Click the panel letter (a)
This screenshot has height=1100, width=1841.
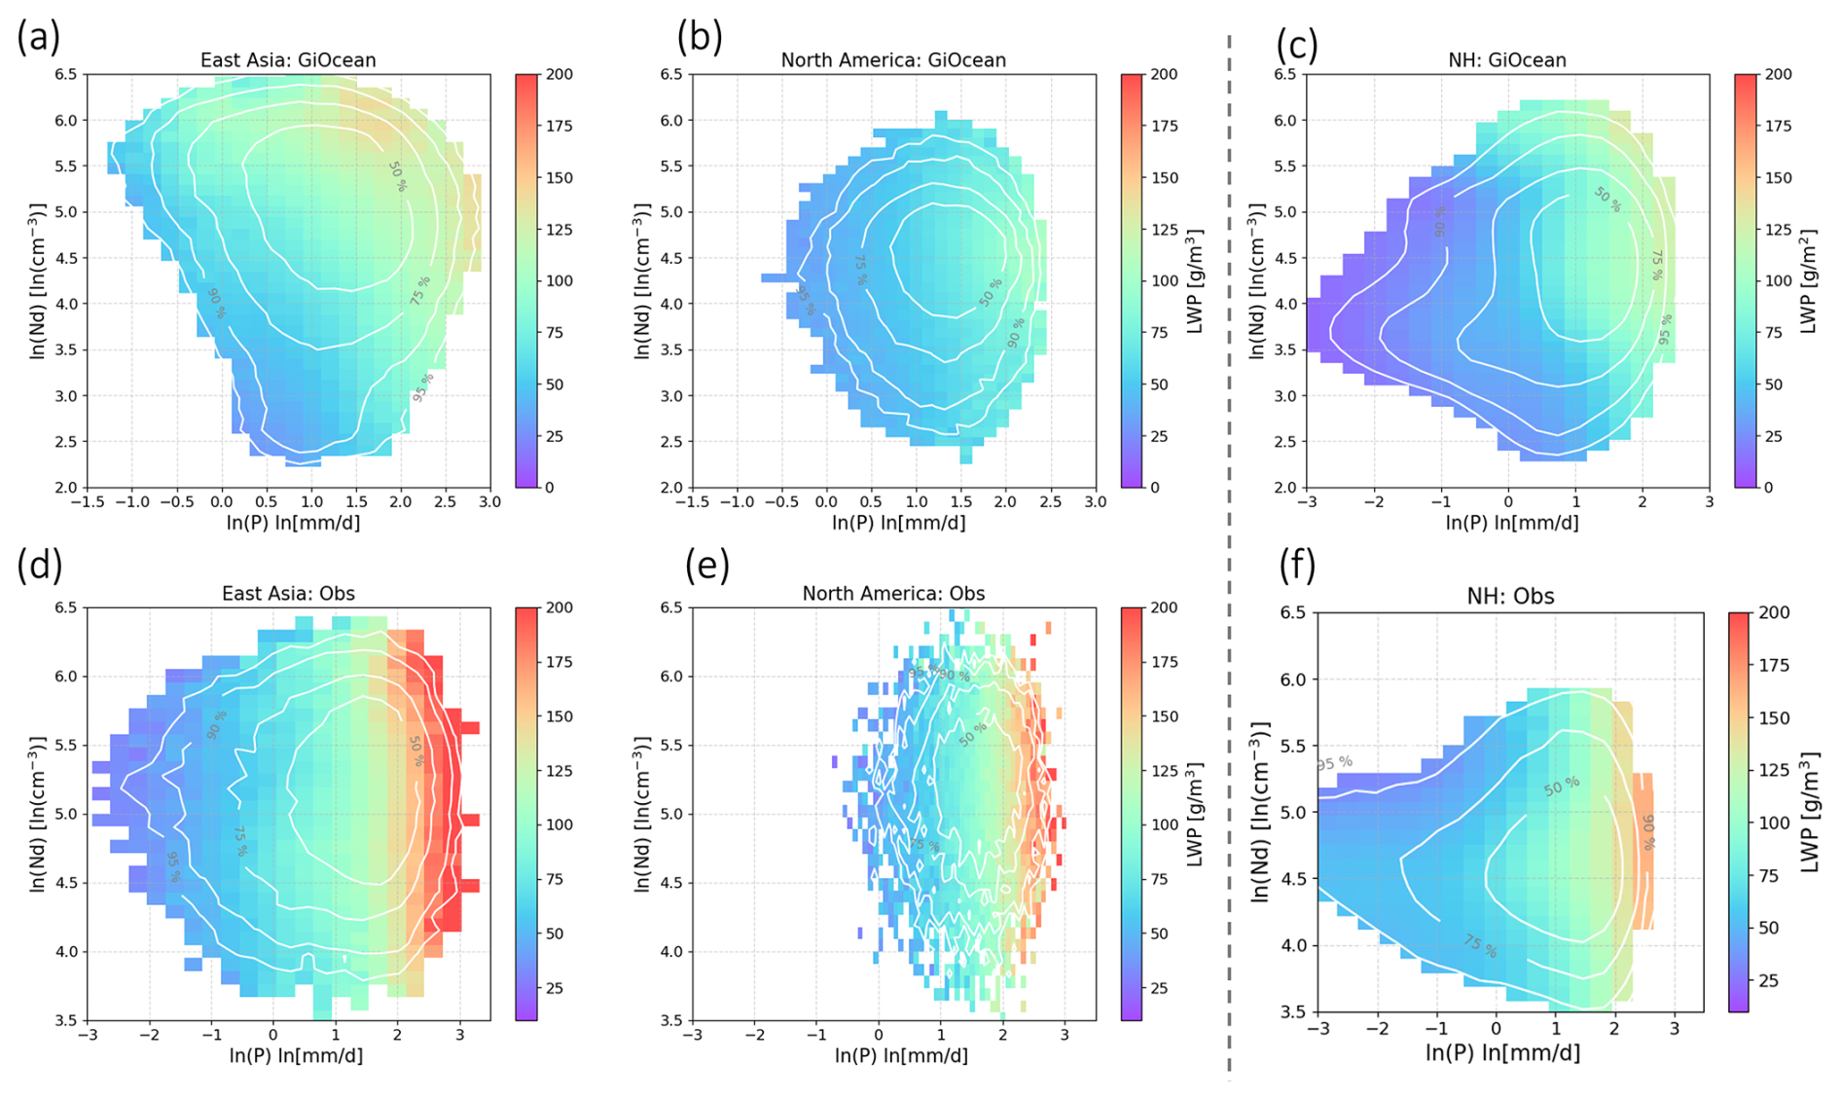click(x=39, y=38)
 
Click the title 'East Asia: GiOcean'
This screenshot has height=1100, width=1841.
click(x=288, y=60)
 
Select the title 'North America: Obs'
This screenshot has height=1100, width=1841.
click(x=893, y=594)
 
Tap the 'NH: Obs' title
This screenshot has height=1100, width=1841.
click(x=1510, y=597)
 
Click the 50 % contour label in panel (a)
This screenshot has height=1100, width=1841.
click(x=397, y=177)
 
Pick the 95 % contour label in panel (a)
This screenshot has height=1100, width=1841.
click(x=422, y=386)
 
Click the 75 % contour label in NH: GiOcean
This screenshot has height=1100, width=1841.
click(x=1657, y=265)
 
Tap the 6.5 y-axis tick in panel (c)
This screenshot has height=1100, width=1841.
click(x=1283, y=75)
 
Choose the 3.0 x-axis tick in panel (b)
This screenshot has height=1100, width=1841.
click(x=1096, y=502)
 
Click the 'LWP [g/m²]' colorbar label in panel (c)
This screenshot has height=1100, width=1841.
click(x=1809, y=282)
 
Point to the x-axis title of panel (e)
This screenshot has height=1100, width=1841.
click(x=901, y=1056)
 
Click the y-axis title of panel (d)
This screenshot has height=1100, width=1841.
click(x=39, y=814)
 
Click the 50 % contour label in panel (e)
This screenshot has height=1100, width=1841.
click(x=972, y=734)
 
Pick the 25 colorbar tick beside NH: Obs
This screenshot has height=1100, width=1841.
click(x=1768, y=981)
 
